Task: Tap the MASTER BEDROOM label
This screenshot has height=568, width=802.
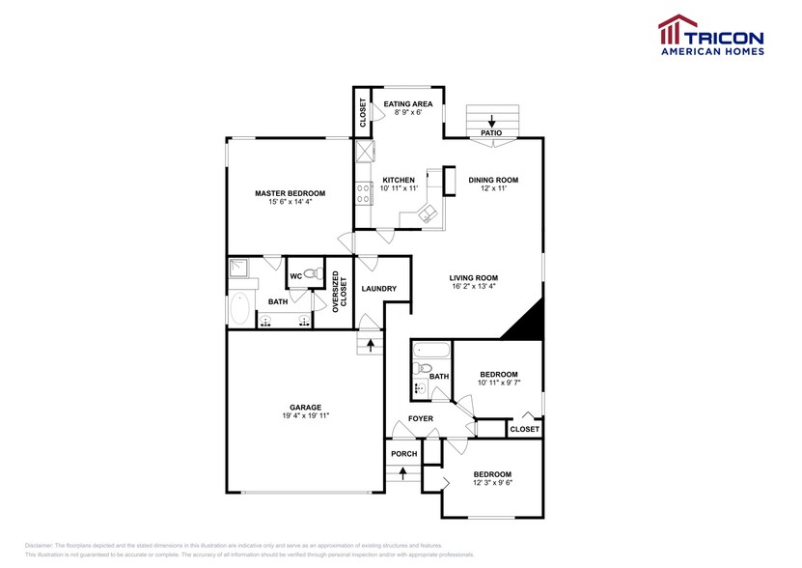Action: pos(290,193)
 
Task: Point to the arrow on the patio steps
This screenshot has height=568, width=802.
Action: pos(492,122)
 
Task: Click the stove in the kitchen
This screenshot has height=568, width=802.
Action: pos(364,194)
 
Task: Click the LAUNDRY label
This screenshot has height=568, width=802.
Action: pos(379,289)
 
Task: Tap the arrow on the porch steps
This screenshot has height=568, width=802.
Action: pos(403,472)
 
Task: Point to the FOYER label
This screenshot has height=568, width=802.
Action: pos(419,418)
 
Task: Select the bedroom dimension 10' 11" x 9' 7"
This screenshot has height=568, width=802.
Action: pos(499,384)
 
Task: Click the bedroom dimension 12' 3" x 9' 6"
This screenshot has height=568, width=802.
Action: pos(492,483)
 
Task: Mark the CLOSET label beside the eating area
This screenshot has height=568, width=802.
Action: pos(363,113)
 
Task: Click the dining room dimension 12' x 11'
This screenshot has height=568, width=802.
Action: pos(493,189)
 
